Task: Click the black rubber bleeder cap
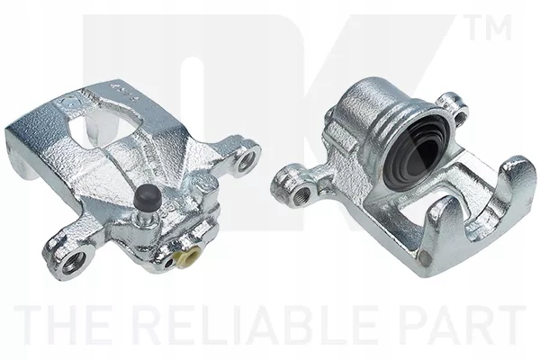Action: click(147, 198)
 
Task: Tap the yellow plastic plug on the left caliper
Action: click(186, 256)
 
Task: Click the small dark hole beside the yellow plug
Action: click(168, 263)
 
